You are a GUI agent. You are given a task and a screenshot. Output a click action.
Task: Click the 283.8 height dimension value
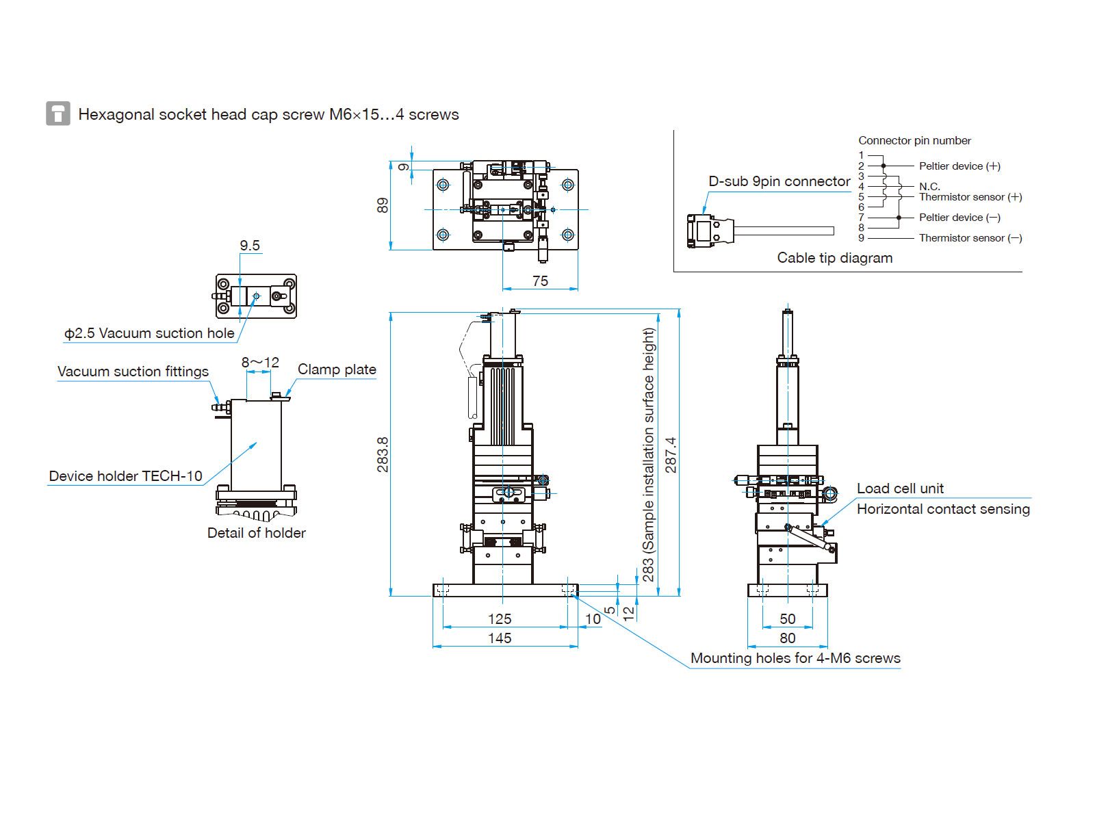(383, 454)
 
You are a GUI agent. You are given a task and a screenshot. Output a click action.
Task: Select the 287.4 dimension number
(671, 454)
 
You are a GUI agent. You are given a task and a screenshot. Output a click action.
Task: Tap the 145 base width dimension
(500, 638)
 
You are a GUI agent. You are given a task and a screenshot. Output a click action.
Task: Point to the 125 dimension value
(500, 619)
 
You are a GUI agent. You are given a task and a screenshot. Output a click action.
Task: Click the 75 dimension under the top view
(540, 281)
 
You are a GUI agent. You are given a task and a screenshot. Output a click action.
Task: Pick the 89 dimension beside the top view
(383, 205)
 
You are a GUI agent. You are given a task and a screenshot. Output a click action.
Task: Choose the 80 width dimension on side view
(788, 638)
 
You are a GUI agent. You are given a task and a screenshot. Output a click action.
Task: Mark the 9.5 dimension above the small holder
(250, 246)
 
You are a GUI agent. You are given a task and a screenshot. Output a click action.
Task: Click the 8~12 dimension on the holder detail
(260, 363)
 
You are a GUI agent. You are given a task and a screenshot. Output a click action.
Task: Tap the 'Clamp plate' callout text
(337, 369)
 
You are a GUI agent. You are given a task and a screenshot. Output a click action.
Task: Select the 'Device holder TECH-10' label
(125, 476)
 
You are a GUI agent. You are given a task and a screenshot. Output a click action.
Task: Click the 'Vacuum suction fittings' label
(133, 372)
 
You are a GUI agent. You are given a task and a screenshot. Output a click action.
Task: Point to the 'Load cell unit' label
(900, 488)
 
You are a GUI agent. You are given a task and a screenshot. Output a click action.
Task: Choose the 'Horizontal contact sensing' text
(943, 509)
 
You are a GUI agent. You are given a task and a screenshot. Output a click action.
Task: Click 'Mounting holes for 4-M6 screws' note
(795, 658)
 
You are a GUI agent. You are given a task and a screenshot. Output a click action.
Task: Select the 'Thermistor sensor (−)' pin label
(970, 238)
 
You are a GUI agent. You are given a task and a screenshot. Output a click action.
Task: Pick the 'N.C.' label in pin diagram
(929, 186)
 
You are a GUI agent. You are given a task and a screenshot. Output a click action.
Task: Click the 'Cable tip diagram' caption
(835, 258)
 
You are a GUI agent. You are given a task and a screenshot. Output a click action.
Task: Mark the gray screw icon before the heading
(58, 114)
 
